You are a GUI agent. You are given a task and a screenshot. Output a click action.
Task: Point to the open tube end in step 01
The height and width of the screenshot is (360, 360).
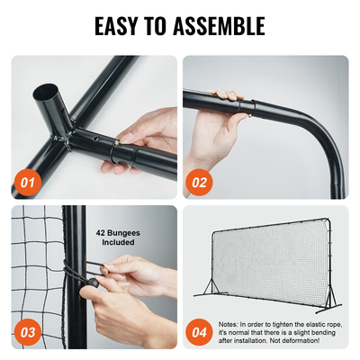(x=44, y=92)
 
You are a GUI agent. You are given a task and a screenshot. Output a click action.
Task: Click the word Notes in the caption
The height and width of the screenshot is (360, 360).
(x=229, y=323)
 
